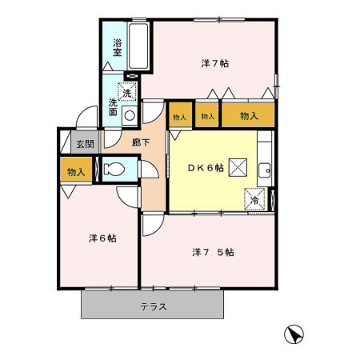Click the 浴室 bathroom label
pos(117,47)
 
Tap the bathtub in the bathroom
pos(139,47)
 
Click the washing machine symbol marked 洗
pos(128,93)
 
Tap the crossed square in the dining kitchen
pos(238,166)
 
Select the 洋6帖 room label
pos(101,238)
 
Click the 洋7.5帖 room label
pos(213,252)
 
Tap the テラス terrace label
pos(153,306)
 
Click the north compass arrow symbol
pos(294,334)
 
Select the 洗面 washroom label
pos(114,107)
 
